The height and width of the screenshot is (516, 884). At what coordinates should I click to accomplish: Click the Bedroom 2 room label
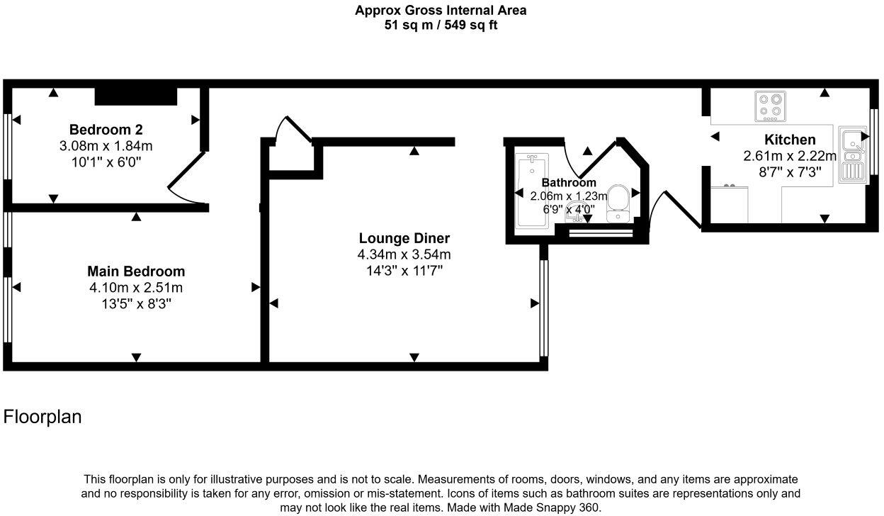106,130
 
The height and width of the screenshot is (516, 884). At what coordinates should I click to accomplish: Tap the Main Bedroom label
136,271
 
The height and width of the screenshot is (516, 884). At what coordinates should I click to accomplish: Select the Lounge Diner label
404,238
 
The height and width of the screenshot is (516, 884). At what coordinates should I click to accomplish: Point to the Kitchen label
790,140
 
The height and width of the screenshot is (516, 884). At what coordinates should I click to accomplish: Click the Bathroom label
569,183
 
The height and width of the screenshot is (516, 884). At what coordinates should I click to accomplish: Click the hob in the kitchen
771,105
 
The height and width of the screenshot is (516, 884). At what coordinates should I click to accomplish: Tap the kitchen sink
852,155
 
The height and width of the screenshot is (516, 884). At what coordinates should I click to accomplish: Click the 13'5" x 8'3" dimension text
136,304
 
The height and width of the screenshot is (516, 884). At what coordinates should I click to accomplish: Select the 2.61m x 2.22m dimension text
790,156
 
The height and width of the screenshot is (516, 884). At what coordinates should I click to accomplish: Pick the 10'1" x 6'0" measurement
106,162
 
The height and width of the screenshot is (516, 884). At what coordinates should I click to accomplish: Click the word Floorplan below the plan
42,417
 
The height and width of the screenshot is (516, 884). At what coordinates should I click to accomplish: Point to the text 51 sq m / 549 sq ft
441,26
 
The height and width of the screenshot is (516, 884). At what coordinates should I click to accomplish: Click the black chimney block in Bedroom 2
135,96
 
